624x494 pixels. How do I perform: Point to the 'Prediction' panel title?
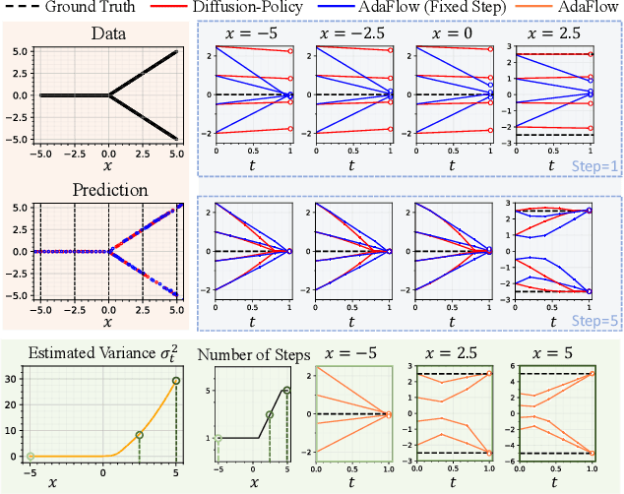108,189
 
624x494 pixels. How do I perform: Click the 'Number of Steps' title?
252,355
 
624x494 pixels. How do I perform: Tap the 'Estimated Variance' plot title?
102,354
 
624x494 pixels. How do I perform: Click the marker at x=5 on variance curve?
176,381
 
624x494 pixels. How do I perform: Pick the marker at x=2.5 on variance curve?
140,434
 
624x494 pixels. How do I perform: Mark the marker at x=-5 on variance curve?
30,456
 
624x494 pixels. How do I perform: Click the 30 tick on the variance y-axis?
12,379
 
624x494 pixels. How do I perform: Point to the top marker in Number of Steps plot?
287,391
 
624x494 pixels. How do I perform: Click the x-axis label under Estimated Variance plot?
102,483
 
